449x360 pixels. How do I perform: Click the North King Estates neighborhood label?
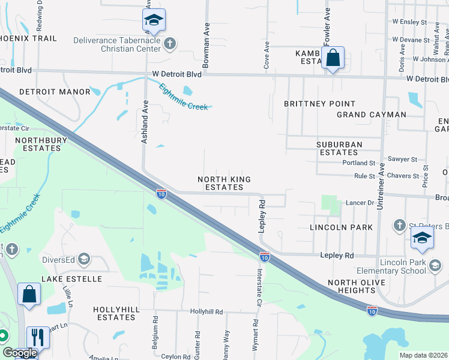[x=224, y=183]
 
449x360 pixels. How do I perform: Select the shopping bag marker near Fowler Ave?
[x=333, y=59]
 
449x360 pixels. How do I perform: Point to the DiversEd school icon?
[x=84, y=260]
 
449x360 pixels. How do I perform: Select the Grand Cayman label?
[x=371, y=115]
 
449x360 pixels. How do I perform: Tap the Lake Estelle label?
[x=71, y=279]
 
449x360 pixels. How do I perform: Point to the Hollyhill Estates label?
[x=114, y=313]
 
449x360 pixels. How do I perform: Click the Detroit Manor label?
[x=55, y=92]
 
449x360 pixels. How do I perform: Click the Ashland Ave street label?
[x=144, y=121]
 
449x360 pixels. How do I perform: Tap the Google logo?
[x=19, y=353]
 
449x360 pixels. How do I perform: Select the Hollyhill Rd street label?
[x=206, y=312]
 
